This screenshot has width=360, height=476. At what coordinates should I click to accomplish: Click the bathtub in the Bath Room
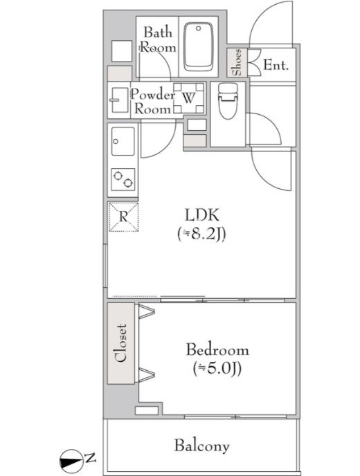(199, 46)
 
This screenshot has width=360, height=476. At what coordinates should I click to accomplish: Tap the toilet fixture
(228, 102)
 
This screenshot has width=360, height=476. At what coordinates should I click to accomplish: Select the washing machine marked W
(188, 98)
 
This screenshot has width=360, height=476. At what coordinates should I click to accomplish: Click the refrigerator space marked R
(123, 217)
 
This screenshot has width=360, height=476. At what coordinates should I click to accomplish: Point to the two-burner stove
(123, 179)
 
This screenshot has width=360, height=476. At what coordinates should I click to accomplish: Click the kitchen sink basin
(123, 141)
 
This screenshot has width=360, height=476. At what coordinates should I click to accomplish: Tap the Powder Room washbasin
(119, 100)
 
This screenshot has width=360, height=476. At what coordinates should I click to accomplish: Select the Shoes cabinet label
(237, 62)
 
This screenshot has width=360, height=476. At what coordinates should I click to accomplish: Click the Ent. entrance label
(276, 65)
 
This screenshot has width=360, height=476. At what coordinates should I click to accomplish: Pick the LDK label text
(201, 215)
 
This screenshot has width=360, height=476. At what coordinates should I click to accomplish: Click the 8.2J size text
(201, 235)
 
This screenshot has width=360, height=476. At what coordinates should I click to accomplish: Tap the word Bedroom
(217, 349)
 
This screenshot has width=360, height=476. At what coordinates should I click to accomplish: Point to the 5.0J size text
(217, 369)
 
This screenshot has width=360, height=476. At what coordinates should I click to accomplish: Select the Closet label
(120, 343)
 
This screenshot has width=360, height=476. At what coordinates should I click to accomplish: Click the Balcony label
(201, 446)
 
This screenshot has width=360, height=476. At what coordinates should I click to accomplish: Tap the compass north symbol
(71, 461)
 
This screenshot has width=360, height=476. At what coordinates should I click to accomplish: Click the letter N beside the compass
(90, 457)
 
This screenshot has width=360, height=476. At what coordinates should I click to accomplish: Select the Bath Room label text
(158, 39)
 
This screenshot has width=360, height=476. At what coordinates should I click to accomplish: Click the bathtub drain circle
(199, 28)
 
